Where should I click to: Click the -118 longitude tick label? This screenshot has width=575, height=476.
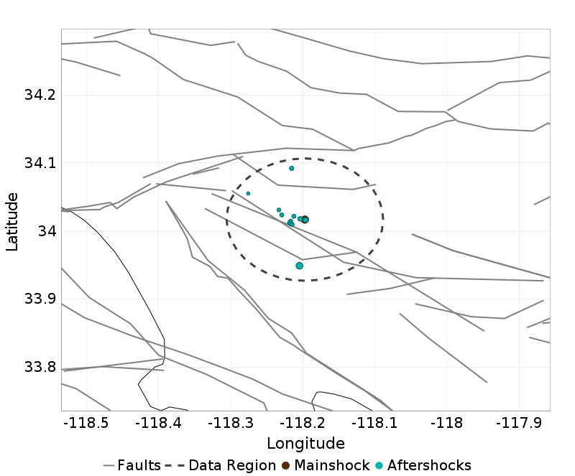pyautogui.click(x=448, y=424)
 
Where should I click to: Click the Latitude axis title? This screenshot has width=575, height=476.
pyautogui.click(x=12, y=220)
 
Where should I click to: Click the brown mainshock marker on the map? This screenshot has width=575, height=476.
pyautogui.click(x=305, y=219)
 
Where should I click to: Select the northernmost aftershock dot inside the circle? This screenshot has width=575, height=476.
pyautogui.click(x=292, y=168)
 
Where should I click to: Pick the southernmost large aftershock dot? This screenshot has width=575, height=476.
pyautogui.click(x=300, y=266)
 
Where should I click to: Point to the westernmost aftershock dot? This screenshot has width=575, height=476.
pyautogui.click(x=248, y=193)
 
